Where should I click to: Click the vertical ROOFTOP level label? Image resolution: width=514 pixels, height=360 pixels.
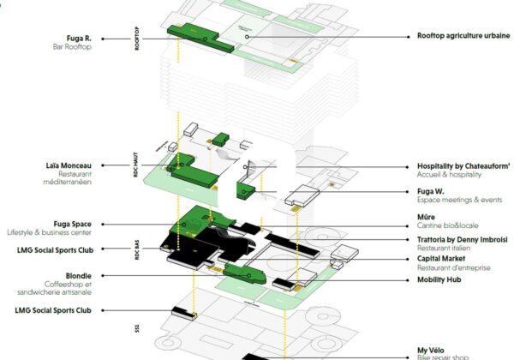coord(137,38)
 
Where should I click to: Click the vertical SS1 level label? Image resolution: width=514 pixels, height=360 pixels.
coord(137,328)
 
